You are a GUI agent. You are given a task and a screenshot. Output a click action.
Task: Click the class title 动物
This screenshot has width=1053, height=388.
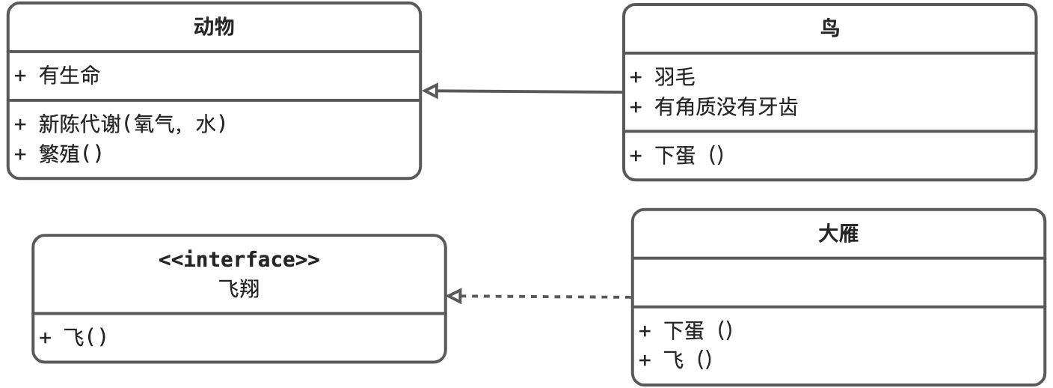click(x=214, y=28)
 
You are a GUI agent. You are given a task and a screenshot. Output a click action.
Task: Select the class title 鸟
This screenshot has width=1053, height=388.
click(x=829, y=29)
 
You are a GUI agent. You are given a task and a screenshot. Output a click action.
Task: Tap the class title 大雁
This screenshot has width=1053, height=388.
click(x=838, y=234)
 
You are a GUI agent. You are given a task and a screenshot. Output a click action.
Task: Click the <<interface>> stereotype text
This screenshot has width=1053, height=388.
click(x=239, y=260)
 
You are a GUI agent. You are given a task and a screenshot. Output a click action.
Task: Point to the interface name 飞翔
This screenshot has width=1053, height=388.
click(x=239, y=289)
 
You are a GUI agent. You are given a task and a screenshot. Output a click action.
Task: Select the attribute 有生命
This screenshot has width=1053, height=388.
click(x=70, y=75)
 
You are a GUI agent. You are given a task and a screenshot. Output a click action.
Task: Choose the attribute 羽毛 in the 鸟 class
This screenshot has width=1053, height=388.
click(x=674, y=77)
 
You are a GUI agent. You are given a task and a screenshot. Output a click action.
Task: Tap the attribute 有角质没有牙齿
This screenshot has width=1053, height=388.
click(x=725, y=107)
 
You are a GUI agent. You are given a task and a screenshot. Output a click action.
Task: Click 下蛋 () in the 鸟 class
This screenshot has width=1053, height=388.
click(x=689, y=155)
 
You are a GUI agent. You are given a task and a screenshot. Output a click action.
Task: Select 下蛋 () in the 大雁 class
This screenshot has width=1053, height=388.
click(x=698, y=330)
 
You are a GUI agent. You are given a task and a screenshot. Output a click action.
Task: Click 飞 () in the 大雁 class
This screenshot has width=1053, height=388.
click(x=687, y=360)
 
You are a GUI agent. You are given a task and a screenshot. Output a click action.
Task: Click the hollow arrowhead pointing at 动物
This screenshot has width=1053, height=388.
click(x=430, y=91)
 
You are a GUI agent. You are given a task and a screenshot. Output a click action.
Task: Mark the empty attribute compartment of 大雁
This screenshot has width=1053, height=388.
click(x=838, y=282)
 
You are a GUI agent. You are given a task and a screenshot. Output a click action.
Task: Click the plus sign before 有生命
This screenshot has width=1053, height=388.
click(x=20, y=75)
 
